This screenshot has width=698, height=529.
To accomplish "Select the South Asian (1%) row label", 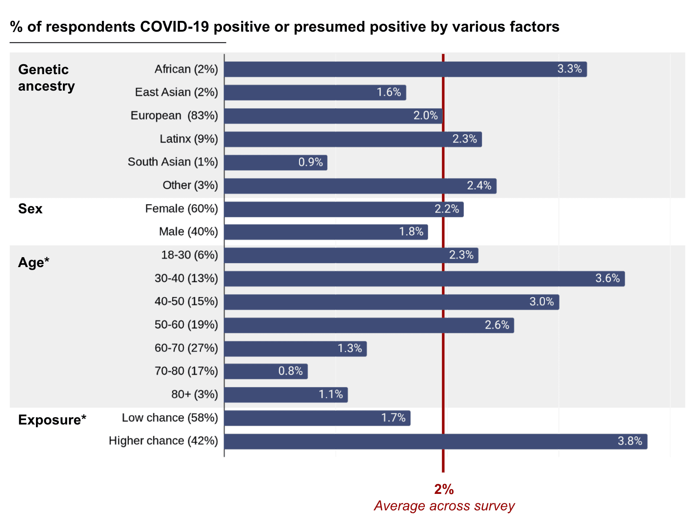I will pos(173,162).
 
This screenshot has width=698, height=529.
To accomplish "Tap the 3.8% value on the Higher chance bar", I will pos(630,441).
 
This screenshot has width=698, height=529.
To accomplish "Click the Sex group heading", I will pos(30,209).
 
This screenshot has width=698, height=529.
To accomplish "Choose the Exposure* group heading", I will pos(52,420).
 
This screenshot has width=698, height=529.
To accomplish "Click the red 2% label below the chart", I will pos(444,490).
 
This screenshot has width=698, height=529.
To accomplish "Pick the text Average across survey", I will pos(444,506).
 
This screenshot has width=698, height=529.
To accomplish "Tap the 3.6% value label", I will pos(607,278).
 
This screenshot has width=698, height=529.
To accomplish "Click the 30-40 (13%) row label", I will pos(186,278).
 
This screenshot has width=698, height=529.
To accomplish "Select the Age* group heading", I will pos(34,263).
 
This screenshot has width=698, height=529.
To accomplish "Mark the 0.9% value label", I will pos(310,163).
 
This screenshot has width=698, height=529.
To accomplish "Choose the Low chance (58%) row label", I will pos(170,418).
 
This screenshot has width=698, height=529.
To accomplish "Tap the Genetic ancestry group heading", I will pos(46,78).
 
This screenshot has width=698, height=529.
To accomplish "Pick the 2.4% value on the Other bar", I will pos(479,186).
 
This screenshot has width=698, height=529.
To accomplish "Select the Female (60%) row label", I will pos(181,209).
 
